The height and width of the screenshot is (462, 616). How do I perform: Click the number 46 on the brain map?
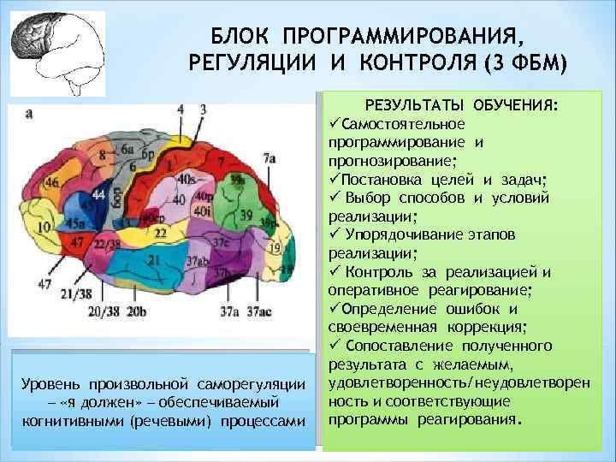coord(52,182)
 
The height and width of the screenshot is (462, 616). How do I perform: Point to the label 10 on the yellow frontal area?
coord(43,227)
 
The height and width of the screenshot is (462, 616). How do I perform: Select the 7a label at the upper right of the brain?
coord(269,157)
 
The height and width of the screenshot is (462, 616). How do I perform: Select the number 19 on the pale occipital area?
coord(274,247)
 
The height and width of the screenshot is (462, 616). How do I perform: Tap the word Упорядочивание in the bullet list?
coord(404,234)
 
